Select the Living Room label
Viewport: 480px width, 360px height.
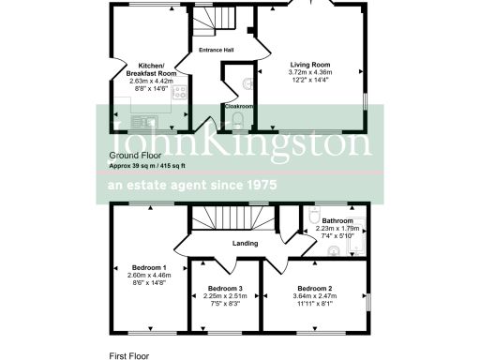point(308,65)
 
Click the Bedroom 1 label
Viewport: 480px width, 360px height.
point(149,267)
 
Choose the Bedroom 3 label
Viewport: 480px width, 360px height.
point(225,288)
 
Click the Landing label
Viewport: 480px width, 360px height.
point(246,246)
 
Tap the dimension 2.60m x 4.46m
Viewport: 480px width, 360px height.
point(149,276)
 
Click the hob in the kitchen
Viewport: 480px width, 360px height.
point(178,92)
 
